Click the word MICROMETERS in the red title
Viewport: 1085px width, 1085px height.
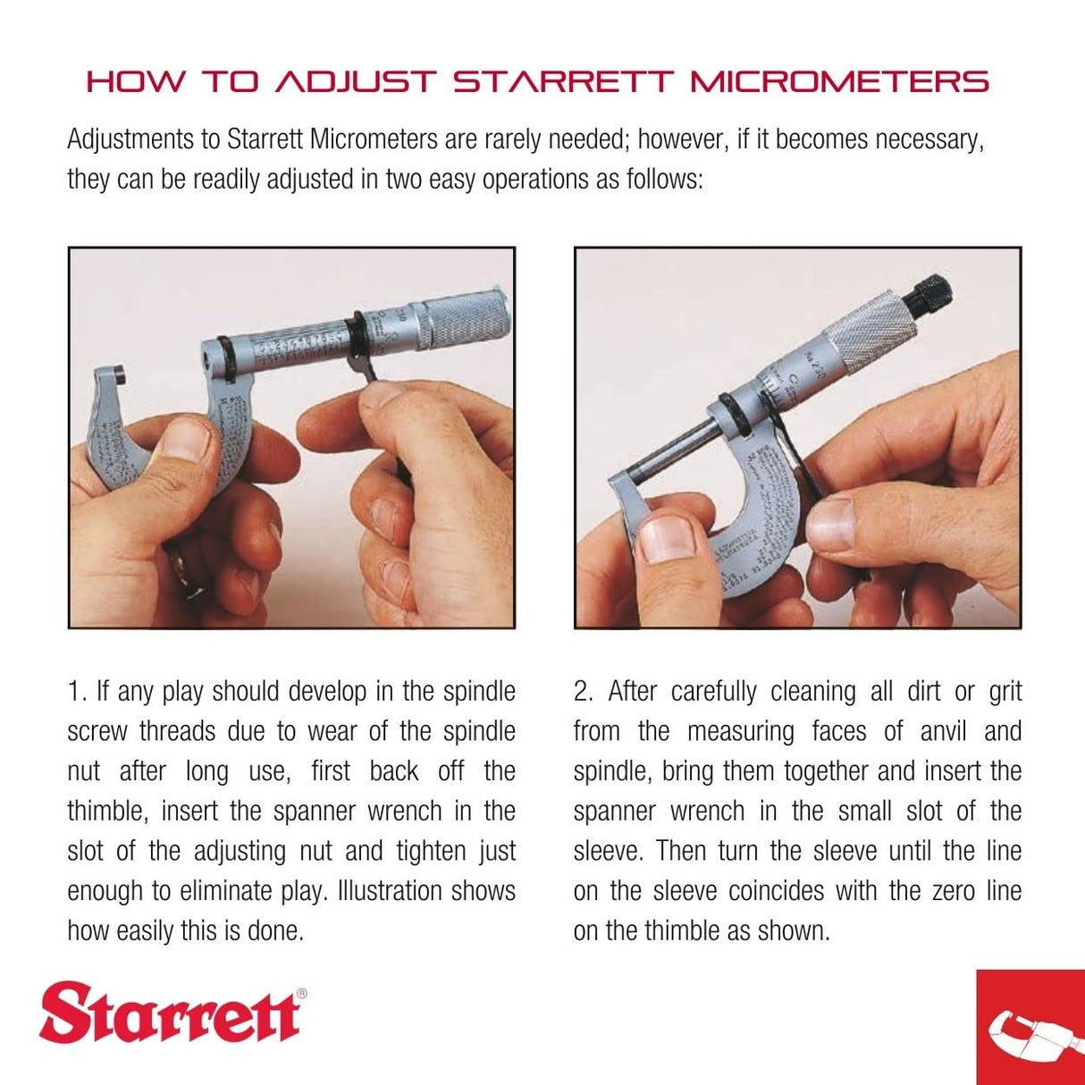[839, 82]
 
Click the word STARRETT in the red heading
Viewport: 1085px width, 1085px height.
[561, 82]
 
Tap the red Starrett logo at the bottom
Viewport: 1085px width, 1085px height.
[170, 1012]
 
